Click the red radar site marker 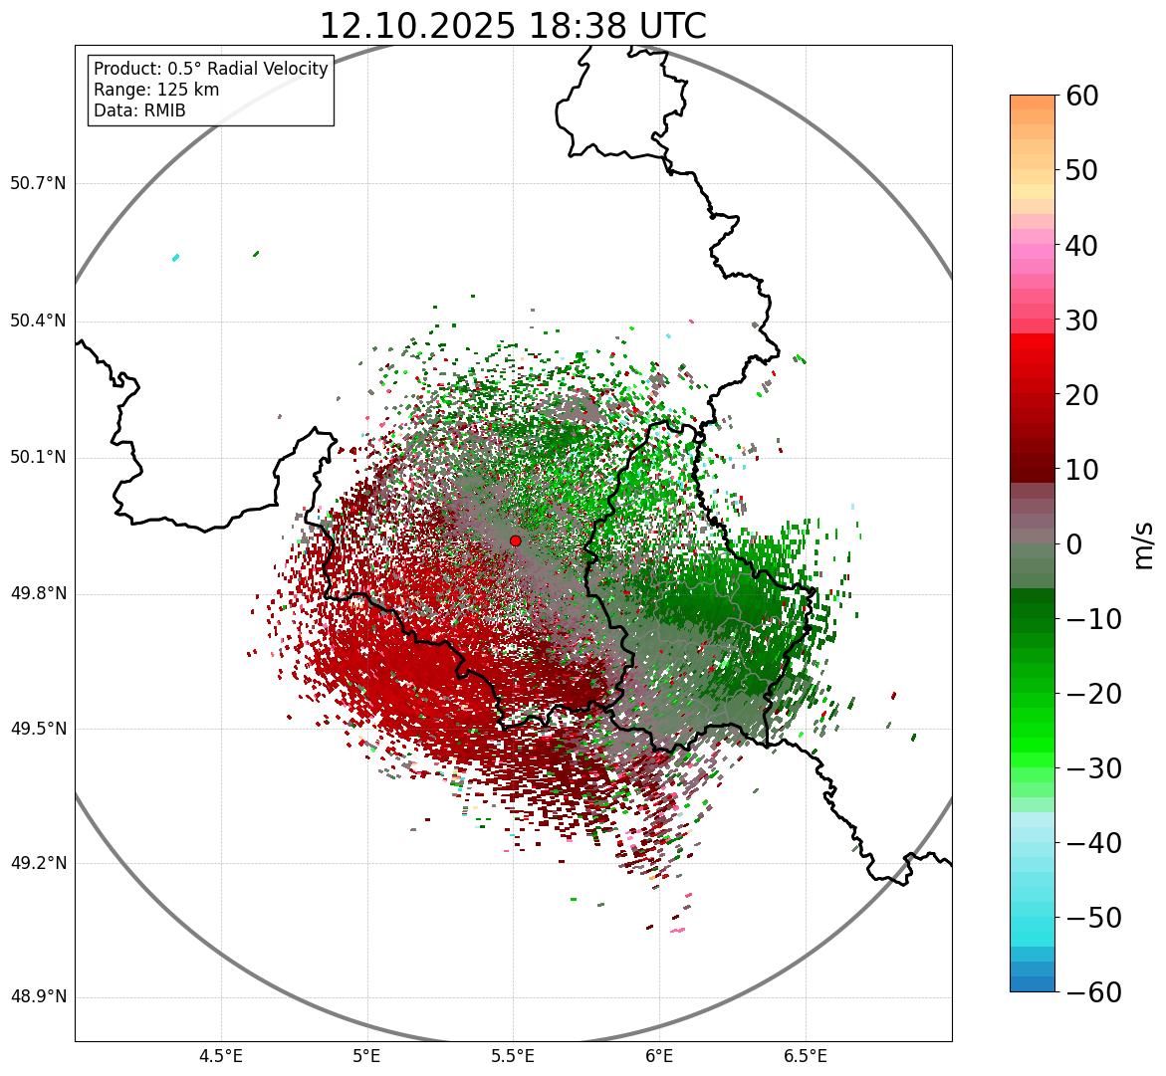click(515, 540)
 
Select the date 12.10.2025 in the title click(417, 27)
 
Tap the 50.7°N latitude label click(38, 184)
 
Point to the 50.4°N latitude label click(38, 321)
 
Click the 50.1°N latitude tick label click(38, 458)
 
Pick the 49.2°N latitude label click(38, 863)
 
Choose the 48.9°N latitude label click(38, 997)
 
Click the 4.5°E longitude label click(221, 1055)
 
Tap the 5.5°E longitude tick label click(513, 1055)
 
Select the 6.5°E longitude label click(805, 1055)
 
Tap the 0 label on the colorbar click(1074, 544)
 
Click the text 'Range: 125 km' click(156, 90)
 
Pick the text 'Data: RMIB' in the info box click(139, 110)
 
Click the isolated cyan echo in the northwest click(175, 258)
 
